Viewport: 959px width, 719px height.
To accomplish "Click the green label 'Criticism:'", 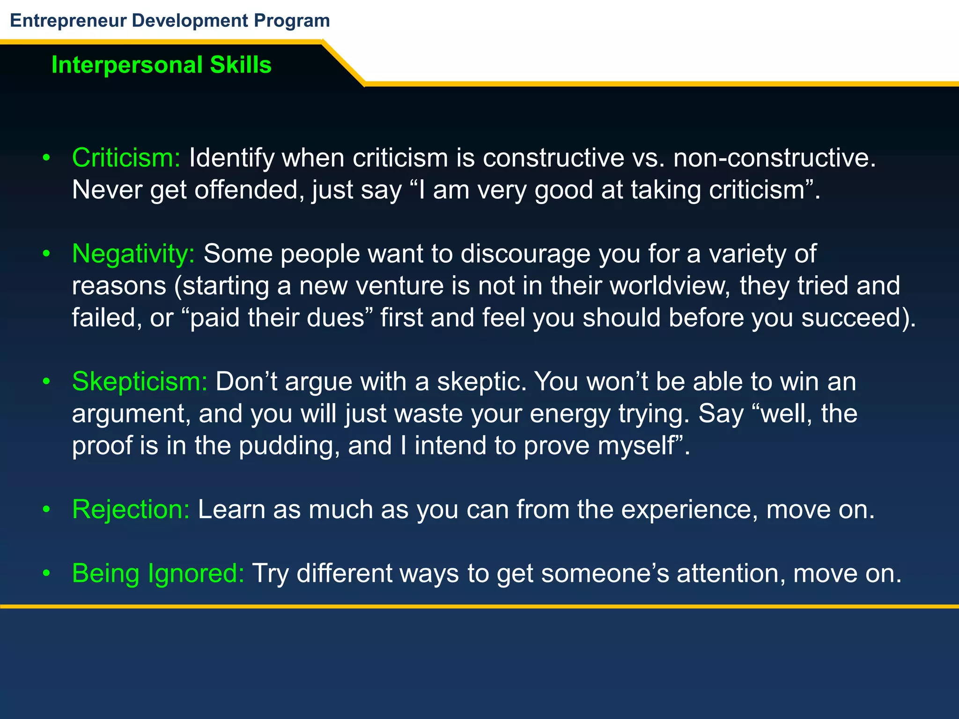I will point(126,158).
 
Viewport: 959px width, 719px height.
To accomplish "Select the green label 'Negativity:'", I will point(133,254).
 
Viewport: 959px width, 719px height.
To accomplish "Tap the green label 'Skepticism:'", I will point(140,382).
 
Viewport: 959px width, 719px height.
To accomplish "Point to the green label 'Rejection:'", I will point(131,509).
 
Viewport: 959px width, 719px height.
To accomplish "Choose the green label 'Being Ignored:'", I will point(158,573).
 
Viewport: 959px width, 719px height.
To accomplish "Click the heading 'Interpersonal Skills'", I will point(162,65).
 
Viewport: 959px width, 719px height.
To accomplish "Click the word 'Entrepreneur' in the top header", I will point(68,21).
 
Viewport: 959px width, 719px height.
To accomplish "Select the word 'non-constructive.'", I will point(775,158).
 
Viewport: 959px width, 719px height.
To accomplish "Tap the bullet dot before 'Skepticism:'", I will point(46,382).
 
